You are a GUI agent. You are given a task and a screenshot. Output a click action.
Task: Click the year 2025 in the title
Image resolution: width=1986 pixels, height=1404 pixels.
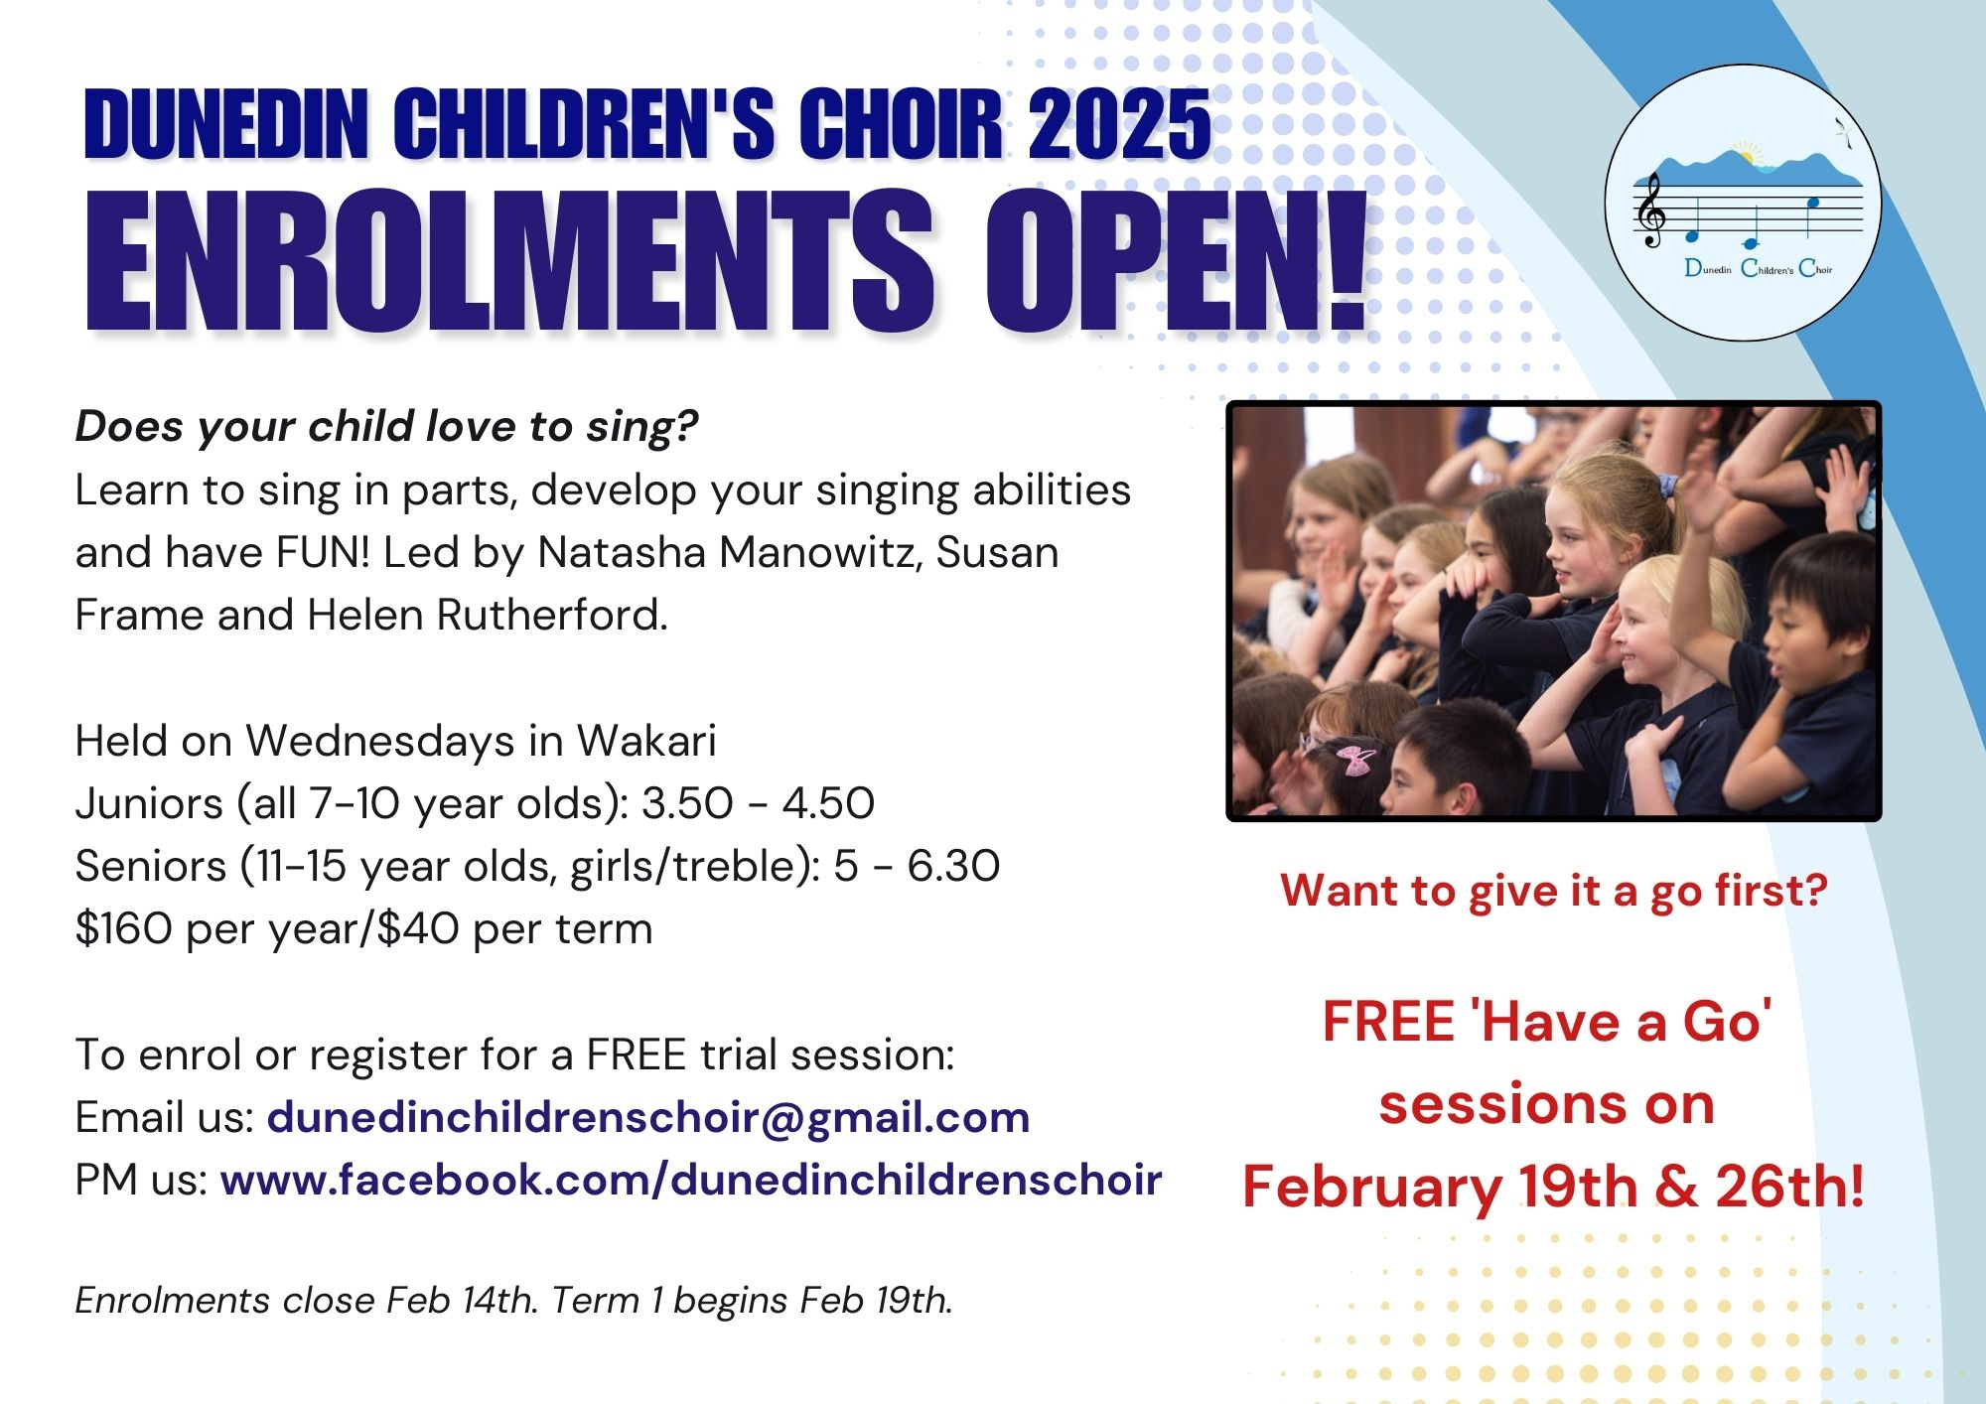tap(1119, 124)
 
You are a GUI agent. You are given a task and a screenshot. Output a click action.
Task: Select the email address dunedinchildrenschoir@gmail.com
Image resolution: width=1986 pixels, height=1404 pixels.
tap(648, 1118)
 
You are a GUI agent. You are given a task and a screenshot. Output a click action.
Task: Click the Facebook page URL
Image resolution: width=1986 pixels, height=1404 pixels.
tap(691, 1181)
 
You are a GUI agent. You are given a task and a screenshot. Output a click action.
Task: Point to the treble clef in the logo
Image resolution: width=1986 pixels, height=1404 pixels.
tap(1650, 211)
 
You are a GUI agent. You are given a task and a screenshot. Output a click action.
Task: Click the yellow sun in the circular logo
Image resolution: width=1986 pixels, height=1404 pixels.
tap(1745, 155)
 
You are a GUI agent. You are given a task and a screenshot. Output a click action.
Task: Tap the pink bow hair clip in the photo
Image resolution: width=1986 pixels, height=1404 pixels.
tap(1351, 760)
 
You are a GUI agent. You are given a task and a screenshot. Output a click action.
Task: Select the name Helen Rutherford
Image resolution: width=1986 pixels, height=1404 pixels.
tap(487, 616)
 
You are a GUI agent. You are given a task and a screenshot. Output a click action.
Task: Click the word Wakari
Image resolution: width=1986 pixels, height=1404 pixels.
tap(646, 741)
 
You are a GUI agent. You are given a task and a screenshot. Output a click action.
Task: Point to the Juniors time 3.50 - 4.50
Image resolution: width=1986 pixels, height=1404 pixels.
tap(758, 803)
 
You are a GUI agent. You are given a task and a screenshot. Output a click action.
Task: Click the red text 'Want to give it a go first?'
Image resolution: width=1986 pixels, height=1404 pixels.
tap(1554, 891)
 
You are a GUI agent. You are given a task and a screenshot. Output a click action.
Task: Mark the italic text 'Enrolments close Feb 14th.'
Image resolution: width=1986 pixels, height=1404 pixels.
tap(307, 1300)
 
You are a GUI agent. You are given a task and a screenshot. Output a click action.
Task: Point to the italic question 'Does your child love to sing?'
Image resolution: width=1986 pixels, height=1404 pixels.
tap(387, 427)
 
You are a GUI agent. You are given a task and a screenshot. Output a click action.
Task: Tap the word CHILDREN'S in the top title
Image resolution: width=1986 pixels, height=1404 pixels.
tap(584, 124)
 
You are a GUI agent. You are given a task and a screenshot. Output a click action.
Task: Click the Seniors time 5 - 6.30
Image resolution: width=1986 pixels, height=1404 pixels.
tap(917, 867)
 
